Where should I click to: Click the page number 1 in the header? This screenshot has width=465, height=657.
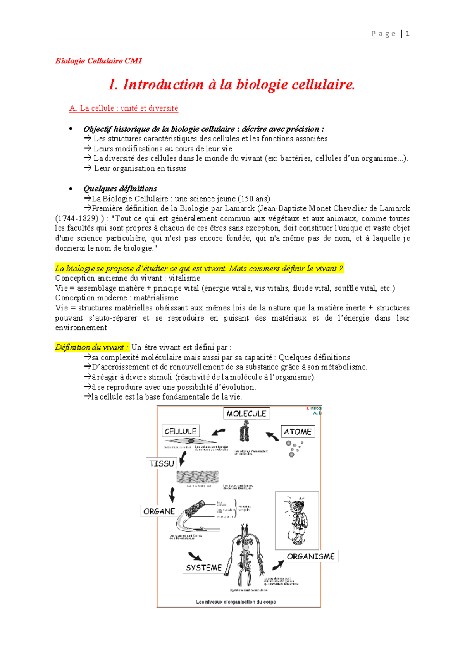tap(407, 34)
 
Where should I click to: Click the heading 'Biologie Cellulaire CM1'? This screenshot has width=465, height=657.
tap(99, 61)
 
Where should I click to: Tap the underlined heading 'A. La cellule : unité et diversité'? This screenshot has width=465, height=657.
tap(124, 108)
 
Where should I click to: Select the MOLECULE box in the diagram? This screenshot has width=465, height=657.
tap(246, 414)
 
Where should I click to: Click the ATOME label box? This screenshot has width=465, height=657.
tap(297, 432)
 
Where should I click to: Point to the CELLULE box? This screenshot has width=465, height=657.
tap(181, 431)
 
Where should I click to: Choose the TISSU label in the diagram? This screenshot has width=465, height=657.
tap(162, 463)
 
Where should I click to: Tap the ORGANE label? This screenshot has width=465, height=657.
tap(159, 511)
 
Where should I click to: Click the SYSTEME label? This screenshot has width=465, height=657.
tap(204, 568)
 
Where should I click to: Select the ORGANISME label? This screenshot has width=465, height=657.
tap(311, 556)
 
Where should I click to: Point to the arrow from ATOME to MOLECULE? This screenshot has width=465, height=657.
tap(272, 436)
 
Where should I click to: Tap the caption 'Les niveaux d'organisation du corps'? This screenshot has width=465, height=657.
tap(236, 602)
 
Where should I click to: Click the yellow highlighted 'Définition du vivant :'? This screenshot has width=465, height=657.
tap(91, 347)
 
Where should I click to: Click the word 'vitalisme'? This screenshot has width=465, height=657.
tap(184, 278)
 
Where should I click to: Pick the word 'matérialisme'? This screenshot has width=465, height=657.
tap(156, 298)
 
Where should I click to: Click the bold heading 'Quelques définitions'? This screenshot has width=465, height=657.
tap(120, 189)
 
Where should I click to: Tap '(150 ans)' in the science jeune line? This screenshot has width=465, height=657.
tap(254, 199)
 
